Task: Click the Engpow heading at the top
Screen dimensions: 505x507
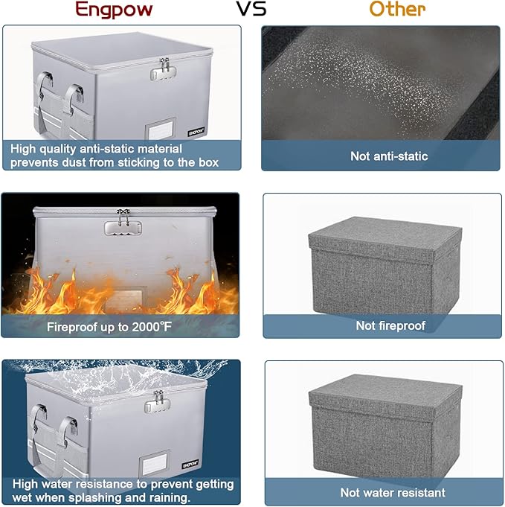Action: pos(114,10)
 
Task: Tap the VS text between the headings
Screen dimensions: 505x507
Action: pos(251,9)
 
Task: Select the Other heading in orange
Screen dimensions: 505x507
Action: pos(397,9)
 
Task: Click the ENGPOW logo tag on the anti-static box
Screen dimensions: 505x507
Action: pos(196,132)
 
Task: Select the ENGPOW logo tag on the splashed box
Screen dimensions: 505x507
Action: pos(190,465)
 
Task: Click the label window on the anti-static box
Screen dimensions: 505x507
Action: pos(161,128)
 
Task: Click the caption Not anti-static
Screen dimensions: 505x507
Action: pos(389,156)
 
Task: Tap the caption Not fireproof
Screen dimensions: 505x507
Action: pos(390,325)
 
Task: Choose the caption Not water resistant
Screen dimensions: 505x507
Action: pos(393,493)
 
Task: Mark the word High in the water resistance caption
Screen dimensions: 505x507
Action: pos(25,485)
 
